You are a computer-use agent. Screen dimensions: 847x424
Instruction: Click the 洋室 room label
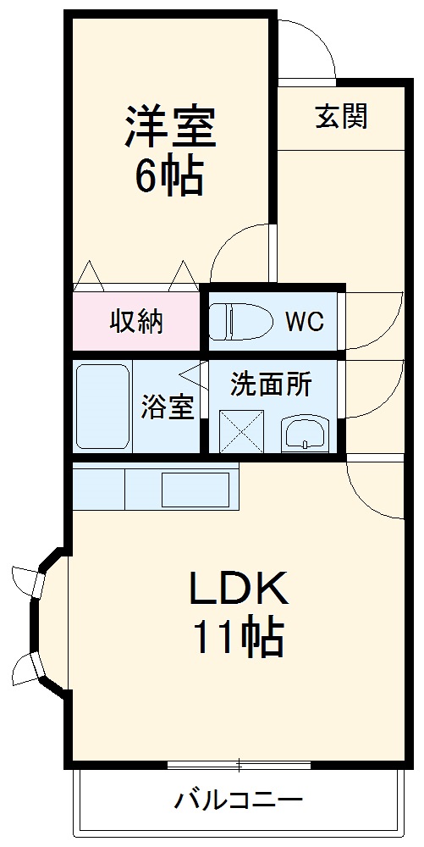[171, 127]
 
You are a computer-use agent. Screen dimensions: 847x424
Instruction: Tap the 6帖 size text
[168, 177]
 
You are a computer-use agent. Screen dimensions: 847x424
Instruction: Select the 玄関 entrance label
[342, 116]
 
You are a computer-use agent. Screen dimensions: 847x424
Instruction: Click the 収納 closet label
[136, 322]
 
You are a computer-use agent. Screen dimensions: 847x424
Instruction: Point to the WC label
[304, 322]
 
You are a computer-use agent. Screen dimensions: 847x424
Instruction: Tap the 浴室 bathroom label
[168, 408]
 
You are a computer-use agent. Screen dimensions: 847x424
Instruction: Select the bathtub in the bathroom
[102, 407]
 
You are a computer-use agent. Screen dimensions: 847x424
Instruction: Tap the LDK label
[239, 590]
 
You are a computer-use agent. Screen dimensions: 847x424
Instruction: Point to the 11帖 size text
[239, 639]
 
